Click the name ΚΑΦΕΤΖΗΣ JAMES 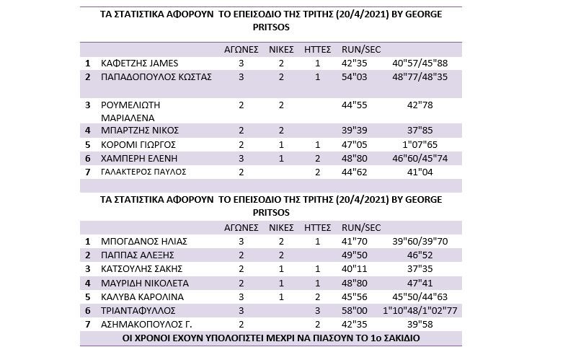pos(140,63)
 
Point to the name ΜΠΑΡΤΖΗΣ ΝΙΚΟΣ pos(140,131)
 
